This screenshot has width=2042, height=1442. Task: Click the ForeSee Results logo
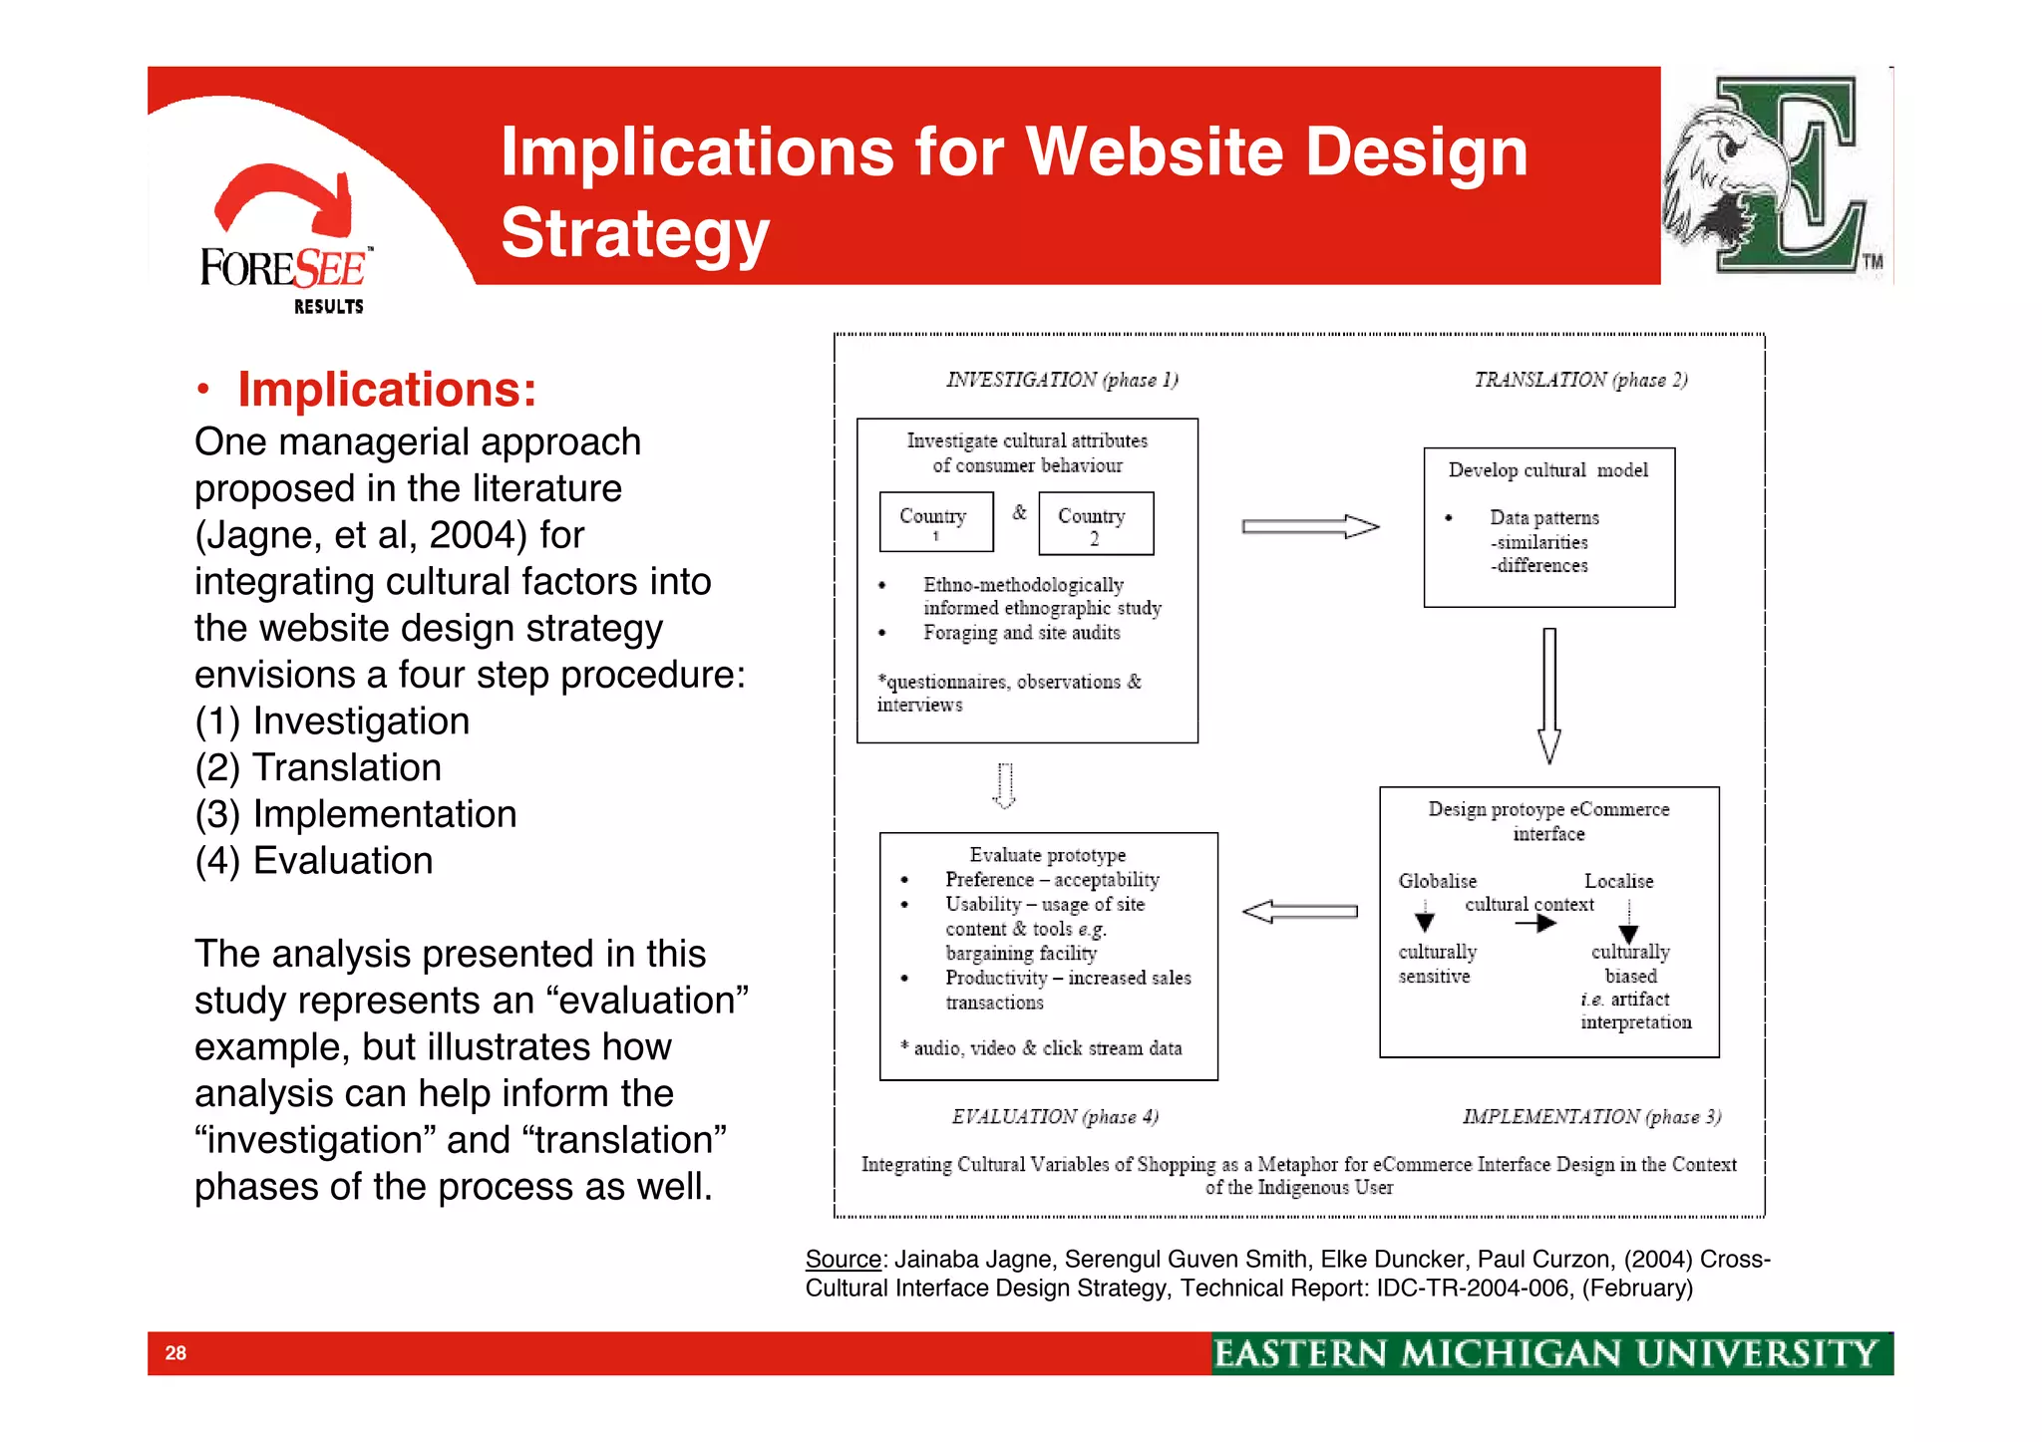pos(285,244)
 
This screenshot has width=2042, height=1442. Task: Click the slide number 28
pos(175,1352)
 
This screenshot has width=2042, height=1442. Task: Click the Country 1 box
pos(935,521)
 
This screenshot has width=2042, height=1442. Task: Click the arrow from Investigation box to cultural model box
pos(1309,526)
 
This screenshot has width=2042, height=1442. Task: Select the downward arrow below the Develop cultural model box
pos(1548,695)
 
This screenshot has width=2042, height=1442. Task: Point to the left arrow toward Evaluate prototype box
pos(1299,911)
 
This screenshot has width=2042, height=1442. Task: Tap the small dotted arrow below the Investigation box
pos(1005,785)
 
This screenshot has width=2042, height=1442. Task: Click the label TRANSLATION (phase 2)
pos(1579,380)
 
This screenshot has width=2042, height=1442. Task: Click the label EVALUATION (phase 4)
pos(1054,1116)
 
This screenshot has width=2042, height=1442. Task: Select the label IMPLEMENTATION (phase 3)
pos(1590,1116)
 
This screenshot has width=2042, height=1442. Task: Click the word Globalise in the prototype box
pos(1437,881)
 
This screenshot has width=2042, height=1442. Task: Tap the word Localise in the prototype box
pos(1618,881)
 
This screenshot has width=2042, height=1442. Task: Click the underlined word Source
pos(843,1260)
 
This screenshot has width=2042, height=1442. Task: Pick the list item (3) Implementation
pos(356,814)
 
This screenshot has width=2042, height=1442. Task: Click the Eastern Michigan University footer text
pos(1544,1353)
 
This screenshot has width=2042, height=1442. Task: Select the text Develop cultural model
pos(1547,470)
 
